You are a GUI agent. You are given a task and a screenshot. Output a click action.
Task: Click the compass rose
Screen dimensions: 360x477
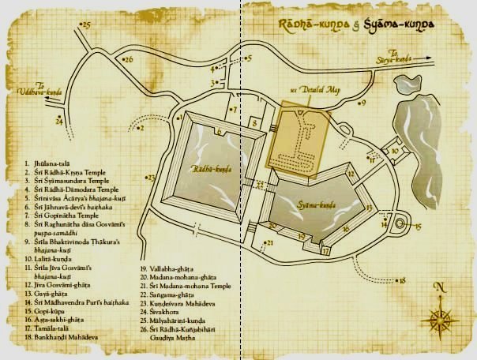438,317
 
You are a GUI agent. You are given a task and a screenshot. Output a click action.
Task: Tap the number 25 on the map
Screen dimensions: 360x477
87,26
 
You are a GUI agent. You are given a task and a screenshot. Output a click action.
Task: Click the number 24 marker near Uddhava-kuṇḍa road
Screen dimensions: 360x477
58,122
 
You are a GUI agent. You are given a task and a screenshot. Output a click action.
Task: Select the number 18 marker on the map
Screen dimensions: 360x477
402,280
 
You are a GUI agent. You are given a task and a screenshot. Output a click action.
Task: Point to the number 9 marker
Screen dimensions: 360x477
363,103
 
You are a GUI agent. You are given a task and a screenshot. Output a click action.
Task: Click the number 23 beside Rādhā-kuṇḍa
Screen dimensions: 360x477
151,178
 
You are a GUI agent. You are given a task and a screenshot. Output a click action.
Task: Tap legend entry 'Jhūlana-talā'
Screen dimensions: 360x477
51,162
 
